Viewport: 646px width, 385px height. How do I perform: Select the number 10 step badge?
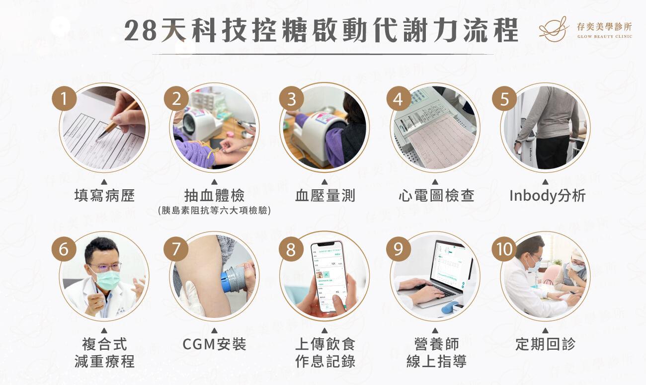pyautogui.click(x=504, y=249)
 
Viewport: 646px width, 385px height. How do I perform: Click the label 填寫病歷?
pyautogui.click(x=104, y=195)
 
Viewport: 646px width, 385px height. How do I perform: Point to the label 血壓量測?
pyautogui.click(x=325, y=195)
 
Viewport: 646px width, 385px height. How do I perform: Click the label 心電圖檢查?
pyautogui.click(x=436, y=195)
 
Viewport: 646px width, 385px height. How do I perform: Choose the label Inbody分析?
pyautogui.click(x=547, y=195)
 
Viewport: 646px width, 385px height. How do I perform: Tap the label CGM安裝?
pyautogui.click(x=215, y=344)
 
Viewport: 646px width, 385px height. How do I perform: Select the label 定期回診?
pyautogui.click(x=545, y=344)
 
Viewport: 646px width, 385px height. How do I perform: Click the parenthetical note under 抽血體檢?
pyautogui.click(x=215, y=211)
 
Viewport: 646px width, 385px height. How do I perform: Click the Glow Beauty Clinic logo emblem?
pyautogui.click(x=554, y=28)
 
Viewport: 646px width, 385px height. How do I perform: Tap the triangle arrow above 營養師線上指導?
pyautogui.click(x=435, y=330)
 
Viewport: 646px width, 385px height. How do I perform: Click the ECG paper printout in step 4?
pyautogui.click(x=440, y=142)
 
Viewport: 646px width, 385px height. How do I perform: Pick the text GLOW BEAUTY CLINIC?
pyautogui.click(x=604, y=36)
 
